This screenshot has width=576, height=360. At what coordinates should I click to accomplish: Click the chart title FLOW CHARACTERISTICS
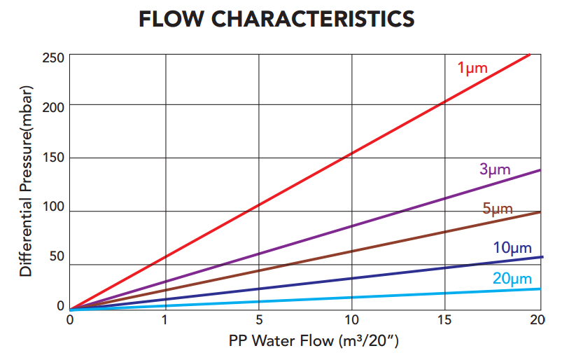point(276,20)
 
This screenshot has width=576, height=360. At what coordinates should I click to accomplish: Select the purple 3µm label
point(495,169)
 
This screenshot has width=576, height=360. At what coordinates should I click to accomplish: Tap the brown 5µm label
point(498,209)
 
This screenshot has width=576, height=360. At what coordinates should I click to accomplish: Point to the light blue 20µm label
point(512,279)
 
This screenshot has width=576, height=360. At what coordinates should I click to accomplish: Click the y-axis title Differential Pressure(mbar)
point(27,181)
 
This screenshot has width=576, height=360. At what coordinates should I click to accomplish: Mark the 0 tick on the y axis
point(61,306)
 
